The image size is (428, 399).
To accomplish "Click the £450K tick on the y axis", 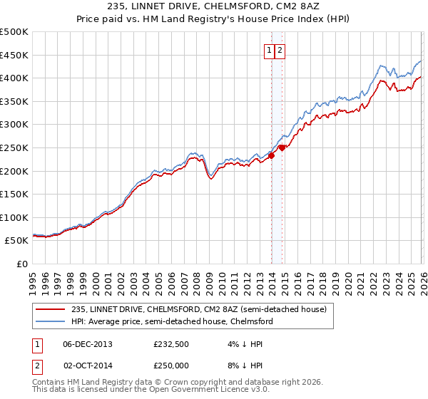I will point(15,55).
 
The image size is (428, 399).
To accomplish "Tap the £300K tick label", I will point(15,125).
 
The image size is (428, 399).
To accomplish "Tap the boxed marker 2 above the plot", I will point(280,50).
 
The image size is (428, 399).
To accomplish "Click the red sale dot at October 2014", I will point(282,147).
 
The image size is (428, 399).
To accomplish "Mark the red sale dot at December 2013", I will point(272,156).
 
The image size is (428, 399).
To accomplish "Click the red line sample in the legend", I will point(51,309).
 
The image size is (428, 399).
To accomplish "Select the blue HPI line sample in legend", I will point(51,321).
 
